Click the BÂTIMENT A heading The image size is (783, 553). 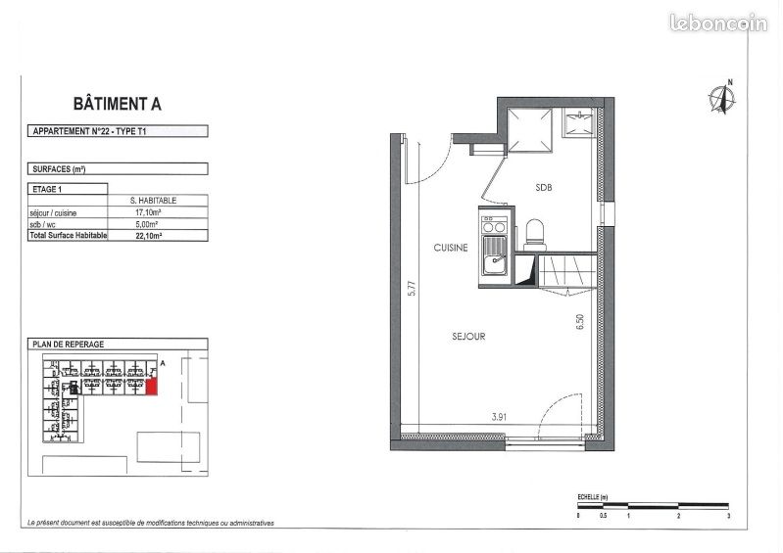point(118,103)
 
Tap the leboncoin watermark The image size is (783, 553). point(719,23)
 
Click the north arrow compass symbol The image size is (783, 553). point(724,98)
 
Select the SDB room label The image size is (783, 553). point(544,186)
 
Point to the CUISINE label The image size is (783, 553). point(451,249)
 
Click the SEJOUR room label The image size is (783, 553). point(469,336)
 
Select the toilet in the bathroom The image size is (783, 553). point(535,233)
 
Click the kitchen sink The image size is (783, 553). point(494,261)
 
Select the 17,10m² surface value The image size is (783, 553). point(146,212)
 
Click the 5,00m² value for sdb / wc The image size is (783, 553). point(146,224)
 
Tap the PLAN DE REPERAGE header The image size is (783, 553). point(69,345)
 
